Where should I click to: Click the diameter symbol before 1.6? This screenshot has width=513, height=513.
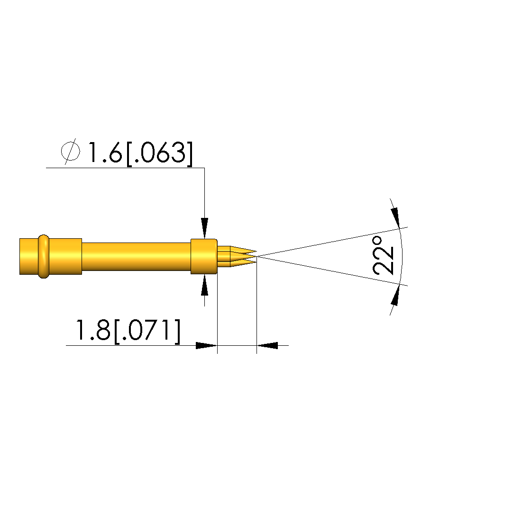(70, 152)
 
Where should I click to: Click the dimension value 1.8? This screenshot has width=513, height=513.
(92, 330)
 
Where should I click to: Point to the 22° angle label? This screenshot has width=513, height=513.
(383, 256)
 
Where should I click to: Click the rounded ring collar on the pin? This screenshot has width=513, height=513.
(44, 257)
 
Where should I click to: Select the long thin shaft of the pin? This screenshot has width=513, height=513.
(136, 257)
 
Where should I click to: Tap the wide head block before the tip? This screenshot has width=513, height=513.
(204, 257)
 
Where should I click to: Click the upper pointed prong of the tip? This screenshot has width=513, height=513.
(243, 250)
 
